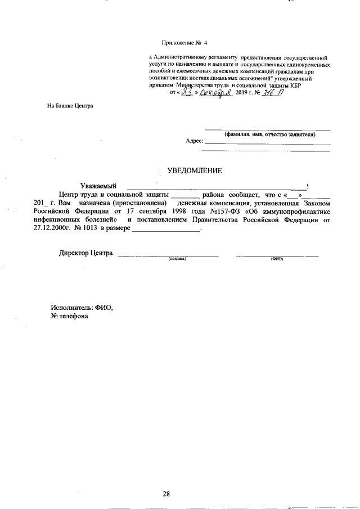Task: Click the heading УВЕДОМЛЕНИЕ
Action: click(x=195, y=170)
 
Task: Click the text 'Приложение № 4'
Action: click(x=184, y=43)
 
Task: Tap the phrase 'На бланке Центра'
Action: click(x=70, y=105)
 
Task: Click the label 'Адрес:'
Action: click(x=194, y=141)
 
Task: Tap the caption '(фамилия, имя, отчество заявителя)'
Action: click(x=270, y=135)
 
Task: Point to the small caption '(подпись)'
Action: click(x=177, y=259)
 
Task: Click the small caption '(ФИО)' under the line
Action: click(x=277, y=259)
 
